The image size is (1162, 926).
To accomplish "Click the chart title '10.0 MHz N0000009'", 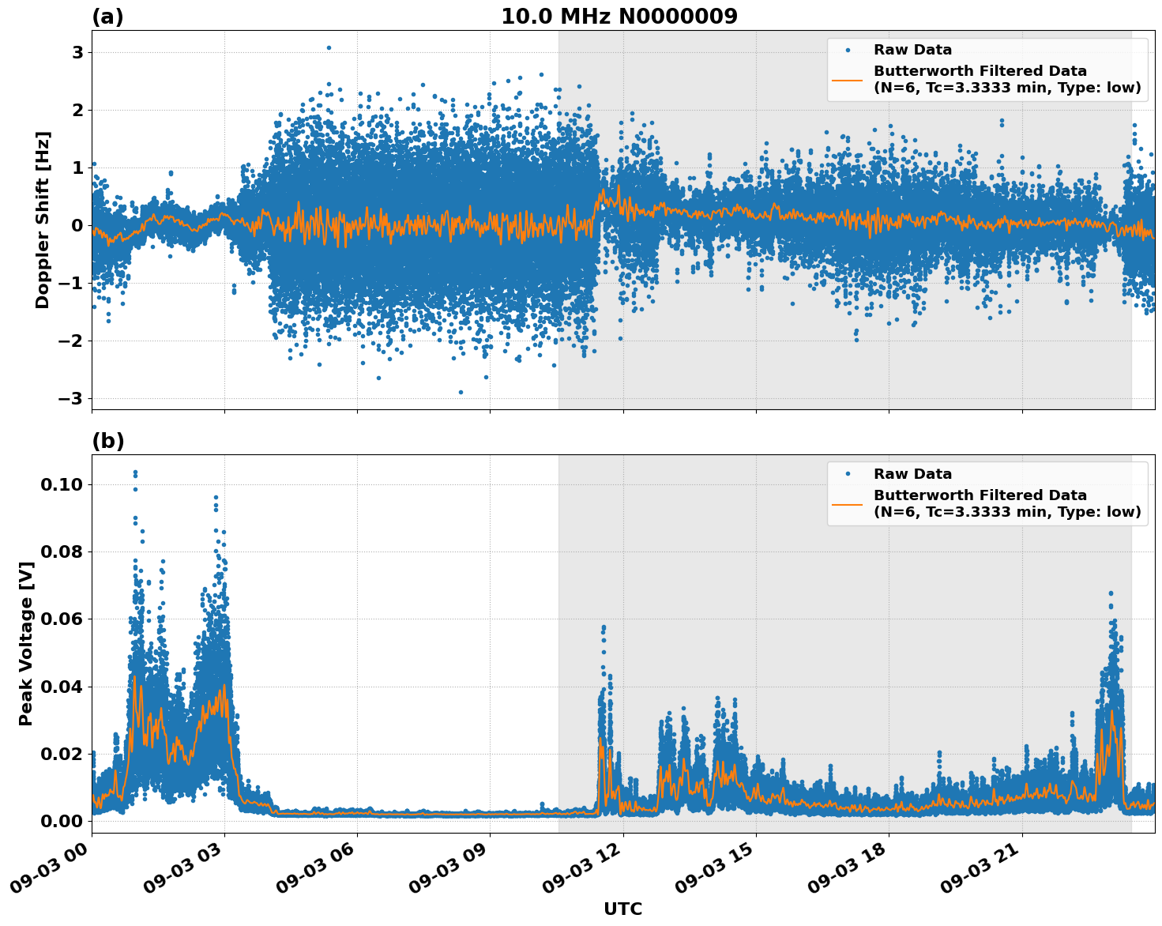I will click(x=619, y=17).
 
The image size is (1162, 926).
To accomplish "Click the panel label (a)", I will click(x=107, y=17).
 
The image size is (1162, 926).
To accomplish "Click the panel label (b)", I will click(x=107, y=441).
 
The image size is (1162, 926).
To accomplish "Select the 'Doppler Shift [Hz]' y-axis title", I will click(x=43, y=220).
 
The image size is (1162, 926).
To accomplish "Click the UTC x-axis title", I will click(x=622, y=909).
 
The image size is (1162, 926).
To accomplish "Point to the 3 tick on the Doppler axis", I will click(x=77, y=53).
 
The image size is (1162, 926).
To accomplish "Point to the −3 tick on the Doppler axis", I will click(x=71, y=398).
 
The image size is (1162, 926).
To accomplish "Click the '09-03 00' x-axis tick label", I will click(x=48, y=873).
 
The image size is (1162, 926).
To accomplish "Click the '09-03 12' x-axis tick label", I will click(x=580, y=873).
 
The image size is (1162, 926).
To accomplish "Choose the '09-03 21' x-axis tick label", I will click(x=979, y=873).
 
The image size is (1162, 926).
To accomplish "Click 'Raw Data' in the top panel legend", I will click(x=912, y=51).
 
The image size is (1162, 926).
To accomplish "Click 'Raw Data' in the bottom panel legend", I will click(x=912, y=474).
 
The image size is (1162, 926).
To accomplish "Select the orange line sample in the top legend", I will click(x=848, y=79).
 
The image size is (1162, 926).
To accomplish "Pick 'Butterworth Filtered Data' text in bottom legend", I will click(x=980, y=495).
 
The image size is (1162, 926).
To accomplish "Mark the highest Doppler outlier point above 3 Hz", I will click(x=329, y=47).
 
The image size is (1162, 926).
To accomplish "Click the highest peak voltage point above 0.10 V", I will click(x=135, y=472).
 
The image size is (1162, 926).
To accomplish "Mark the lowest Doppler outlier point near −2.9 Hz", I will click(x=461, y=392).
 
